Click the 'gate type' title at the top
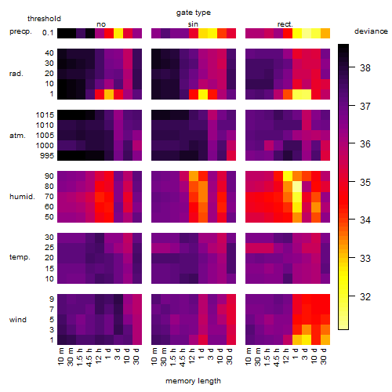click(194, 13)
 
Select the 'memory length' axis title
click(193, 381)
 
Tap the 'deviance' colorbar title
click(371, 31)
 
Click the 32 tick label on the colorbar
click(365, 297)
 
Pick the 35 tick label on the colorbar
click(365, 183)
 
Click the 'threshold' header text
click(44, 19)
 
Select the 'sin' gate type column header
click(193, 24)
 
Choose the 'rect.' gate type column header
click(285, 24)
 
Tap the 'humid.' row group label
click(22, 197)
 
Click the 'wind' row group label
click(18, 320)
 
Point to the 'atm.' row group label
click(17, 136)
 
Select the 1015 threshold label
click(45, 115)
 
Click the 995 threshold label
click(47, 156)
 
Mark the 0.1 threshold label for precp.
click(48, 33)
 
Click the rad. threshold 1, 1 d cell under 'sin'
click(203, 94)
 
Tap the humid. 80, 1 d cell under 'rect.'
click(297, 187)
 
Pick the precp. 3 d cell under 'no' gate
click(118, 34)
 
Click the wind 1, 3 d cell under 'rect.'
click(307, 339)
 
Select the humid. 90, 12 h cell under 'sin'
click(194, 176)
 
